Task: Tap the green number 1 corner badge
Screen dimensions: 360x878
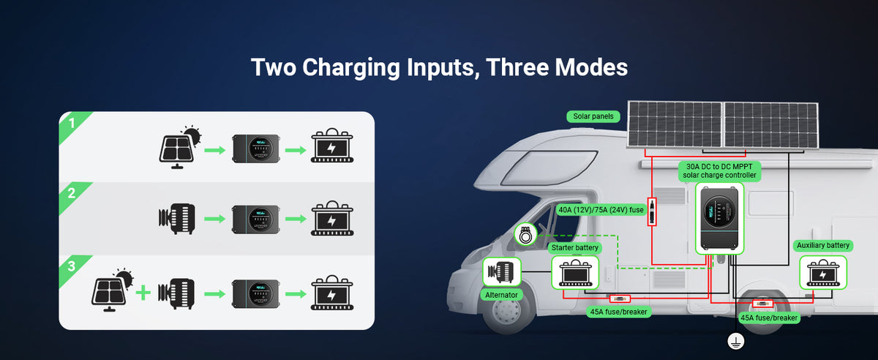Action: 71,123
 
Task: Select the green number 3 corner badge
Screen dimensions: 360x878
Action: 71,266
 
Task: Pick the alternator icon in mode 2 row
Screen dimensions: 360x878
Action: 176,219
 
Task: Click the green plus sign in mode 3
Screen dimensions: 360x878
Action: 143,293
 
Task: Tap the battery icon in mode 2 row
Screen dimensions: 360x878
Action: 332,219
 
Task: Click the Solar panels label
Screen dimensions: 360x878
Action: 593,116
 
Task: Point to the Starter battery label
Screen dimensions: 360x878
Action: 576,248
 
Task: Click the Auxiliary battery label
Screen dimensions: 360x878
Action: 823,245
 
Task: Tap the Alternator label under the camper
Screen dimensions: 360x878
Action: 502,295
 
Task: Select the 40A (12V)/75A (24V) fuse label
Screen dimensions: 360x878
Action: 601,210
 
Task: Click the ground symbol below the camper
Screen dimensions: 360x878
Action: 735,340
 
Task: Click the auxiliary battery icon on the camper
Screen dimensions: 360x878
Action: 823,273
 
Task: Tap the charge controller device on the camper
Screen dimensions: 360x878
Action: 718,218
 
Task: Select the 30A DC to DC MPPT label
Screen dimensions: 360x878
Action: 718,170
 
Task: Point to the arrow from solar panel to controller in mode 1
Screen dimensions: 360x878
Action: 214,150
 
